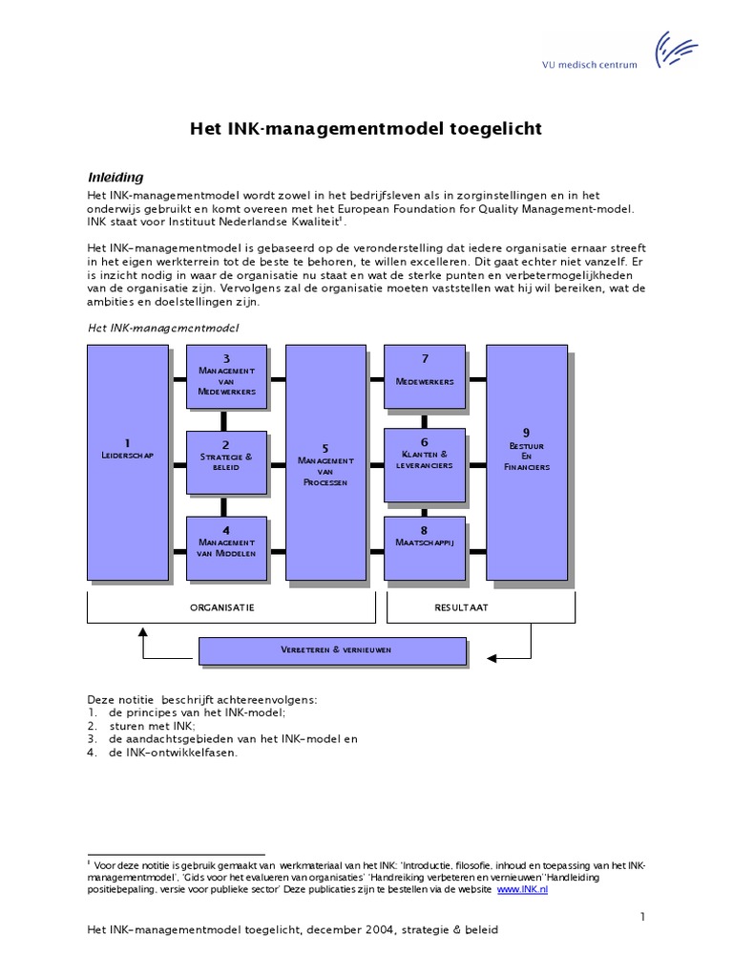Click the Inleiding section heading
tap(115, 177)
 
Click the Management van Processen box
tap(325, 462)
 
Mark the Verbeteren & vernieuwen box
tap(332, 650)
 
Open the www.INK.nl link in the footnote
tap(523, 888)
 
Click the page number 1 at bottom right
tap(643, 918)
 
